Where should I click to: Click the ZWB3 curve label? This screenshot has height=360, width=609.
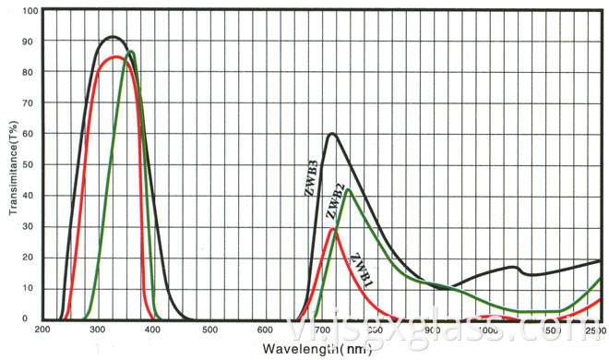pos(312,179)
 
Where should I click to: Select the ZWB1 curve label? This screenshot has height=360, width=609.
pos(362,265)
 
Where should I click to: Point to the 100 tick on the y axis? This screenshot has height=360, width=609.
pos(30,11)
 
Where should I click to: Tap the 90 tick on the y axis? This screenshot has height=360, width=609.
pos(30,42)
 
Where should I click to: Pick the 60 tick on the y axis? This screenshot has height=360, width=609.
pos(30,134)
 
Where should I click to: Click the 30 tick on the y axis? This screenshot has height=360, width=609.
pos(30,226)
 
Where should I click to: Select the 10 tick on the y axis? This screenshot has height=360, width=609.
pos(30,288)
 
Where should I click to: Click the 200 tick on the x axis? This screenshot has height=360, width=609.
pos(43,329)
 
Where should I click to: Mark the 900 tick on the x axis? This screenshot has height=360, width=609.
pos(432,329)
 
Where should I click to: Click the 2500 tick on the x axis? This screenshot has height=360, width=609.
pos(596,329)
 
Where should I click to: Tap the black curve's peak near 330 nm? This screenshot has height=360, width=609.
pos(113,37)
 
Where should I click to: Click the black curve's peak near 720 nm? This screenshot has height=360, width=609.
pos(330,134)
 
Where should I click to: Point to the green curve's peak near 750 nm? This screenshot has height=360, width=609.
pos(347,190)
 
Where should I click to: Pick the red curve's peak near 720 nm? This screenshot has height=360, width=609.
pos(331,229)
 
